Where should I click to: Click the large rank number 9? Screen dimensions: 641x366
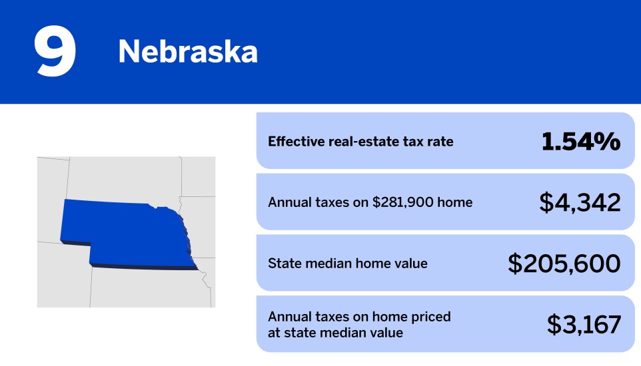55,51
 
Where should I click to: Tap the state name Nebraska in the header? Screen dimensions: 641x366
188,51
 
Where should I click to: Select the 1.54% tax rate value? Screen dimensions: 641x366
581,142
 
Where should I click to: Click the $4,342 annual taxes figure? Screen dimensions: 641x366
580,202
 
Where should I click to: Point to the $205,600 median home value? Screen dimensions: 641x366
564,264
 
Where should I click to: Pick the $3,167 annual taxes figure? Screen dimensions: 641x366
584,324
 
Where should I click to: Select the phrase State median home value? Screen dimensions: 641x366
347,264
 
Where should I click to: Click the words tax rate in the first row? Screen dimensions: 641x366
428,141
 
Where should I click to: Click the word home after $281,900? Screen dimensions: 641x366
455,202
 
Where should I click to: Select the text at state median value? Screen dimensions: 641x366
335,333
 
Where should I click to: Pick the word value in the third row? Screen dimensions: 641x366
411,264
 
